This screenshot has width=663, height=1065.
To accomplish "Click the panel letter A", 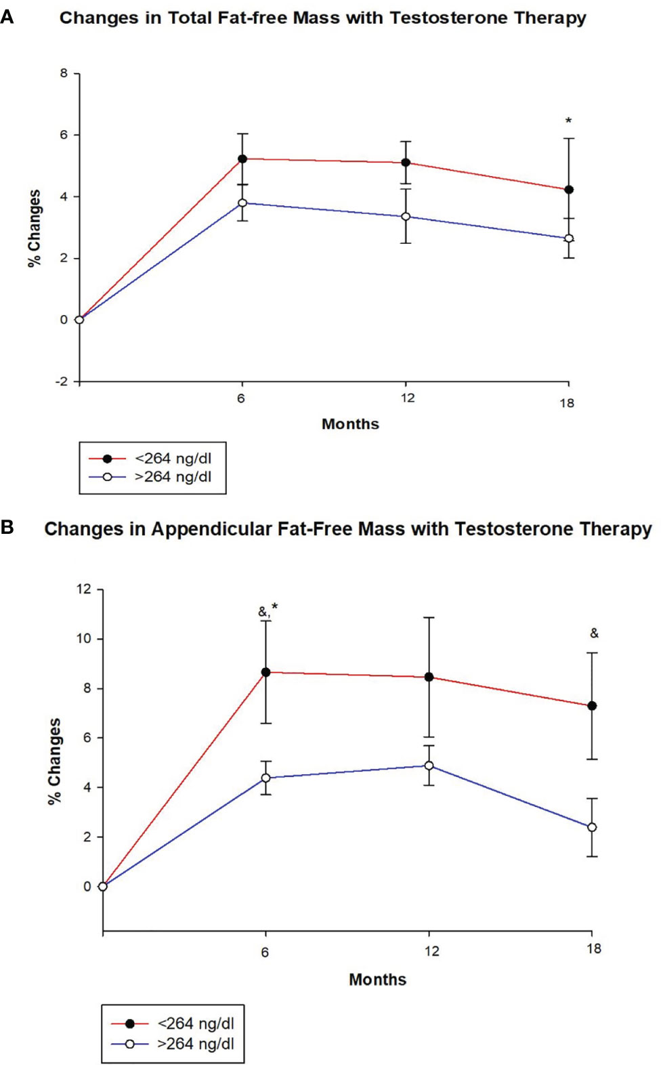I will click(x=7, y=16).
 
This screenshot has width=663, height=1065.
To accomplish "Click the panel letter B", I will click(x=7, y=526).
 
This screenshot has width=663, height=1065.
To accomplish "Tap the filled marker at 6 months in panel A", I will click(x=242, y=159).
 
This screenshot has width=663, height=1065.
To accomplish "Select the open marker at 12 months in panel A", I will click(x=406, y=217).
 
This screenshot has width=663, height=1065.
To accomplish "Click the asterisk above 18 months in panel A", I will click(x=568, y=121).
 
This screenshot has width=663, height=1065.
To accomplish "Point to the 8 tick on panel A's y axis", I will click(x=64, y=73).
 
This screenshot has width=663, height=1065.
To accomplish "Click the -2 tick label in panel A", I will click(x=62, y=381).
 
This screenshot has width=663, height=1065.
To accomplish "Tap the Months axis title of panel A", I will click(x=350, y=424).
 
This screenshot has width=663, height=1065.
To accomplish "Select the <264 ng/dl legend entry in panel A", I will click(x=173, y=459).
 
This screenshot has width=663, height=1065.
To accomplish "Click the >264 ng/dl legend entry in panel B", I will click(x=195, y=1044).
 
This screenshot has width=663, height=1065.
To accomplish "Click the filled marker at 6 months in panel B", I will click(x=265, y=672).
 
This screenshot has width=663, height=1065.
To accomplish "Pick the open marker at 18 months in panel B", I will click(x=592, y=827).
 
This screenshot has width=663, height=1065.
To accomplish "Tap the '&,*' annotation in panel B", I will click(x=268, y=610).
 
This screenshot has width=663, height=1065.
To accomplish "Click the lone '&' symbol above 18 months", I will click(x=594, y=633).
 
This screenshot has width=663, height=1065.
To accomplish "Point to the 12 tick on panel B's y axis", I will click(x=83, y=589).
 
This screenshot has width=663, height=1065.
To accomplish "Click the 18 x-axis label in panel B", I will click(x=594, y=948).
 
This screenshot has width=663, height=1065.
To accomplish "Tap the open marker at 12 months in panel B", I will click(x=429, y=766).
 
